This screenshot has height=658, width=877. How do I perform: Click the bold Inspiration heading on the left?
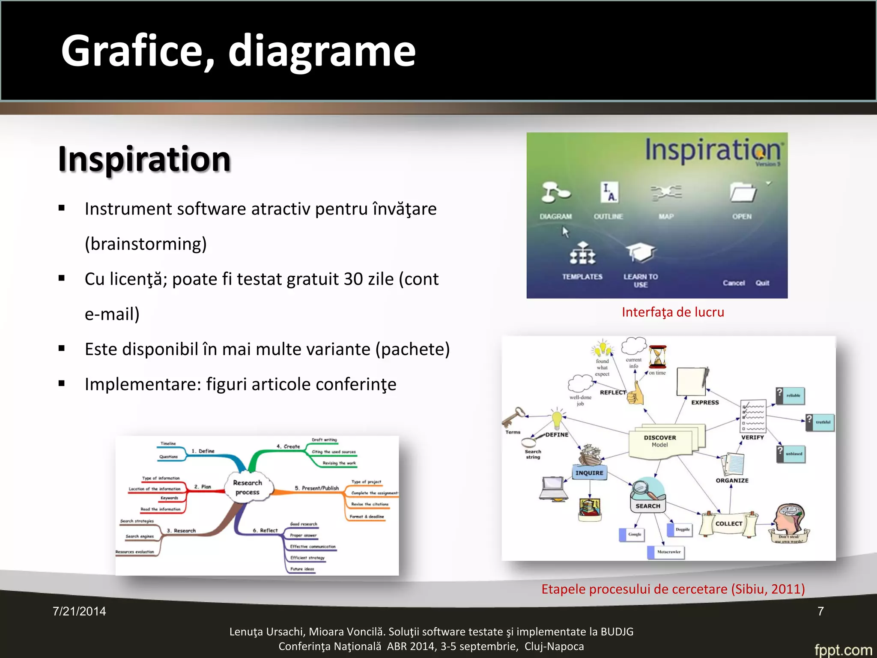click(144, 159)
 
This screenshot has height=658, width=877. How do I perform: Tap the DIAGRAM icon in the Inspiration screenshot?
click(555, 192)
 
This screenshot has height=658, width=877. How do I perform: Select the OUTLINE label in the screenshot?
click(608, 216)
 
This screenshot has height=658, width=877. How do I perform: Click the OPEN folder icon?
click(743, 193)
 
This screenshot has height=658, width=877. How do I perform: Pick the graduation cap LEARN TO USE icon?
click(640, 253)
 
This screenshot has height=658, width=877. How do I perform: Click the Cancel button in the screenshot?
click(734, 283)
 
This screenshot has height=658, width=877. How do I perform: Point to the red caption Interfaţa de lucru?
click(673, 312)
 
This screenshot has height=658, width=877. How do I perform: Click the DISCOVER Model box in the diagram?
click(660, 441)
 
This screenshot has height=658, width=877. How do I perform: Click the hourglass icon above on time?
click(657, 357)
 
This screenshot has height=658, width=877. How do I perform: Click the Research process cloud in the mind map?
click(248, 488)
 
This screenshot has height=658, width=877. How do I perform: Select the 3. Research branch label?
click(181, 530)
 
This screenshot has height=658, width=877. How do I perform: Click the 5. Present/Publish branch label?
click(316, 488)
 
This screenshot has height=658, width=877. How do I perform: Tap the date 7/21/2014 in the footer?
click(79, 611)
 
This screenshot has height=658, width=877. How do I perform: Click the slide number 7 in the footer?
click(820, 611)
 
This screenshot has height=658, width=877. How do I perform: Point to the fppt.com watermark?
click(843, 649)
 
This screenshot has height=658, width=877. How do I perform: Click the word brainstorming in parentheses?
click(146, 244)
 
